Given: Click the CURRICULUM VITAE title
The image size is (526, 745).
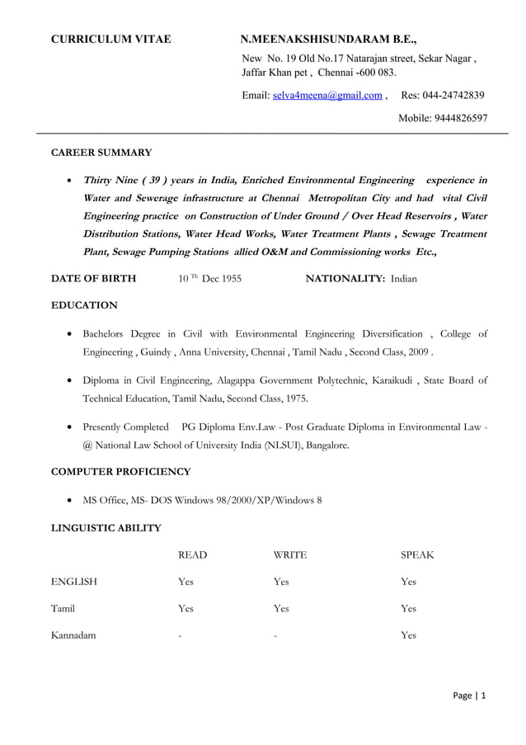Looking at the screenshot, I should click(x=111, y=39).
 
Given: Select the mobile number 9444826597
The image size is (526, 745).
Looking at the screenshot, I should click(x=453, y=118).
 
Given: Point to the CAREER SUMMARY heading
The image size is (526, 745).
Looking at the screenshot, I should click(x=101, y=153).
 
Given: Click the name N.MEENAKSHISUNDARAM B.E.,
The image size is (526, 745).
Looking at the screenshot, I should click(x=328, y=39).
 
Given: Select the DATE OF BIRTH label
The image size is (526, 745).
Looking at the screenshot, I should click(x=94, y=279).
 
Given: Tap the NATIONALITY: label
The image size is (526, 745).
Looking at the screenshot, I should click(x=345, y=279).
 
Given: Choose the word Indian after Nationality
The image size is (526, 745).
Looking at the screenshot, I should click(x=404, y=279).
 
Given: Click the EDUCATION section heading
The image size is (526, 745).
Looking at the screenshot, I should click(x=84, y=305).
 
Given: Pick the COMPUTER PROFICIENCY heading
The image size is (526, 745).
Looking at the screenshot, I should click(x=121, y=472).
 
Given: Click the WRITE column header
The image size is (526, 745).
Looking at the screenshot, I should click(x=289, y=555).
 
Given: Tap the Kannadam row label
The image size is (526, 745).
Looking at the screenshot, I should click(x=73, y=635).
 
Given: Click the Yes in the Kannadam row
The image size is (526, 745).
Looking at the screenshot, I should click(x=408, y=635).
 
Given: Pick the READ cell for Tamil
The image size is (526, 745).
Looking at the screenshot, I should click(x=186, y=608).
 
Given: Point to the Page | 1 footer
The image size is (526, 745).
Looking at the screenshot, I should click(x=470, y=695).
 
